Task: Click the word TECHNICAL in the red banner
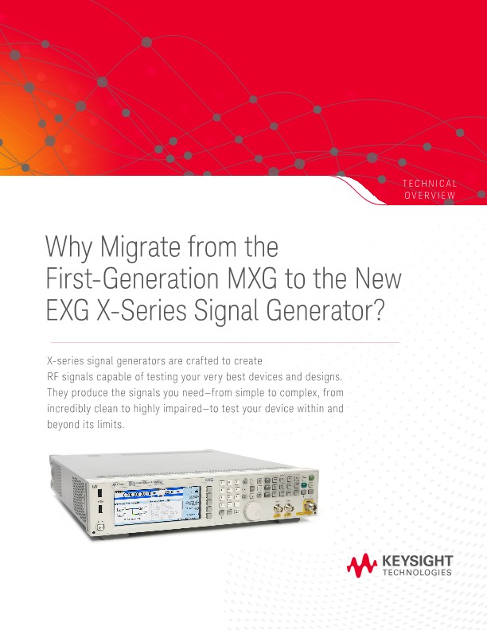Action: (430, 184)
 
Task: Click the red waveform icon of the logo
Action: (362, 567)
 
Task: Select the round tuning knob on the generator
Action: (254, 510)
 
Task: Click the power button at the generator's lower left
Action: (99, 525)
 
